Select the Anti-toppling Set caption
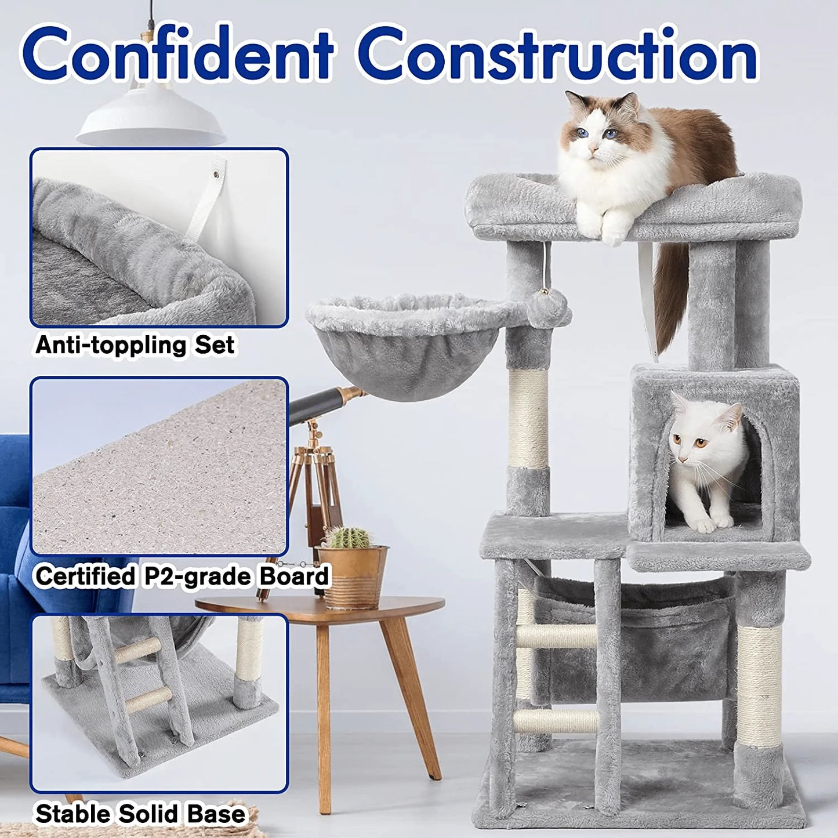pyautogui.click(x=135, y=345)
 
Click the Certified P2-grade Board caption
pyautogui.click(x=182, y=576)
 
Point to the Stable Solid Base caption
pyautogui.click(x=140, y=814)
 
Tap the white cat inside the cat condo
pyautogui.click(x=704, y=458)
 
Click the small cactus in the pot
pyautogui.click(x=348, y=538)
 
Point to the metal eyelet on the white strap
pyautogui.click(x=217, y=174)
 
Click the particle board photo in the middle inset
pyautogui.click(x=159, y=467)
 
